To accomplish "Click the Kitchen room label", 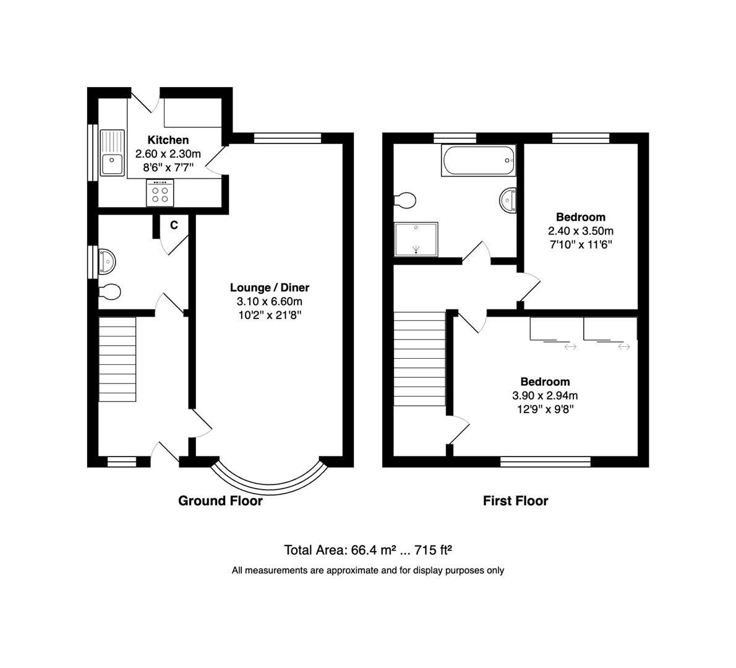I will pyautogui.click(x=168, y=140).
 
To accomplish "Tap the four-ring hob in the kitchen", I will pyautogui.click(x=161, y=193).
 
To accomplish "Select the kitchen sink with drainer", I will pyautogui.click(x=112, y=154).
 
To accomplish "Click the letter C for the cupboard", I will pyautogui.click(x=174, y=225).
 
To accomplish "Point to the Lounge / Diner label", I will pyautogui.click(x=269, y=288).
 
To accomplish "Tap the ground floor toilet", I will pyautogui.click(x=109, y=291).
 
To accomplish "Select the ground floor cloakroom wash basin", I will pyautogui.click(x=107, y=261).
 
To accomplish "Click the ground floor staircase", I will pyautogui.click(x=117, y=359).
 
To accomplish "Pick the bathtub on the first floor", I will pyautogui.click(x=477, y=161).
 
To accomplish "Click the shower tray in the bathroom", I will pyautogui.click(x=416, y=239).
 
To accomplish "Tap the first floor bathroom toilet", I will pyautogui.click(x=406, y=200).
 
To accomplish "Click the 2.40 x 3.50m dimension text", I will pyautogui.click(x=580, y=231).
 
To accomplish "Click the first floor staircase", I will pyautogui.click(x=420, y=359).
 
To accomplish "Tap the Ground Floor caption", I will pyautogui.click(x=220, y=501).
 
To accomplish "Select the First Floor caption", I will pyautogui.click(x=515, y=501).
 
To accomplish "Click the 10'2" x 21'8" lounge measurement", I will pyautogui.click(x=269, y=315).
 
